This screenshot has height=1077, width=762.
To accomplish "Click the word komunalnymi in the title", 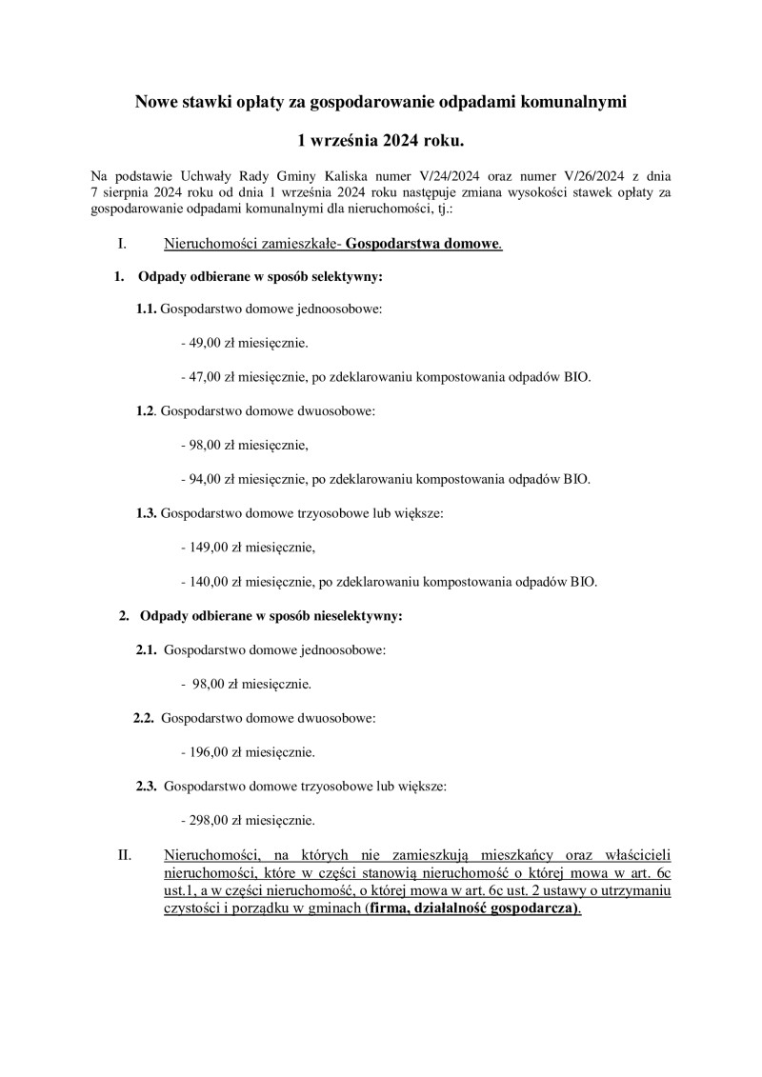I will coord(572,100).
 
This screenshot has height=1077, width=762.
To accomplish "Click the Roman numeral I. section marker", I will coord(122,244).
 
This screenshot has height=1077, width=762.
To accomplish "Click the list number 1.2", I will coord(146,410).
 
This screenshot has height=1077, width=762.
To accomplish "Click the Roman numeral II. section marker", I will coord(125,854).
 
